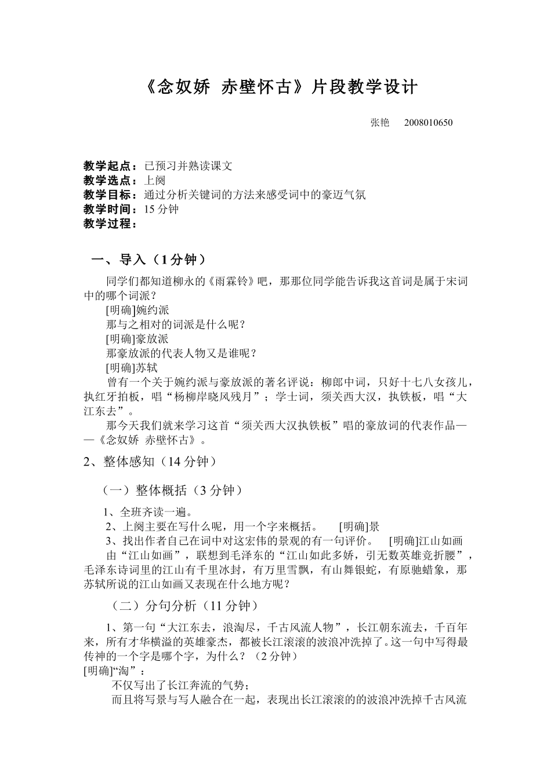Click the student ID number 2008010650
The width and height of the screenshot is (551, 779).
coord(428,122)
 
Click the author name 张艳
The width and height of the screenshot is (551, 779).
coord(380,122)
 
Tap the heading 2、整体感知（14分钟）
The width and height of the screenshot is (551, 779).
coord(153,461)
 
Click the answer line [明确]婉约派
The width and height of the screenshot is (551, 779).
coord(137,310)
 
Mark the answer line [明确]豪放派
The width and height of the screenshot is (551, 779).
coord(137,339)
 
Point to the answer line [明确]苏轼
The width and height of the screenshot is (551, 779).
coord(132,368)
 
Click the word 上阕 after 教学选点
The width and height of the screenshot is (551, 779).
coord(154,180)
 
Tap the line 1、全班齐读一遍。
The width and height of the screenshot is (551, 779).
coord(148,512)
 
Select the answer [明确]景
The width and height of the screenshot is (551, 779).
coord(359,526)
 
